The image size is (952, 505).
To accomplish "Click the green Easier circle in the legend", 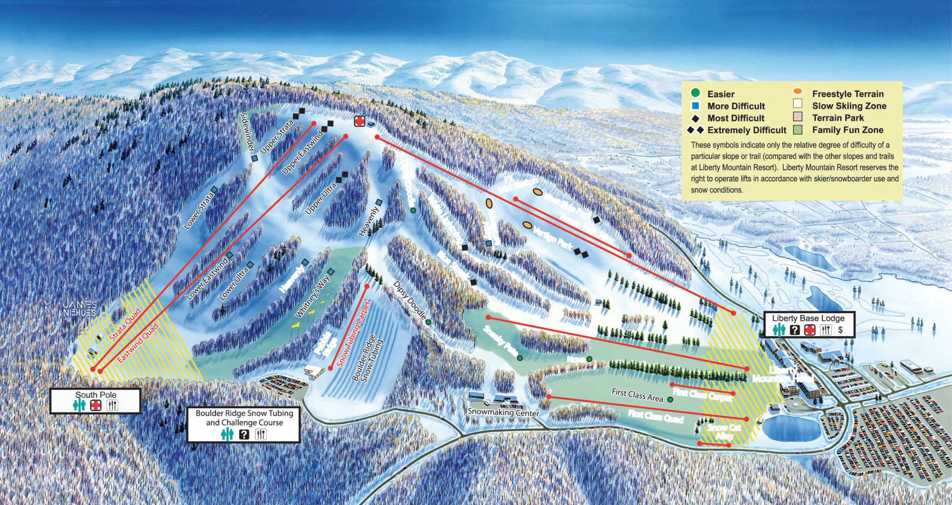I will pos(696,93).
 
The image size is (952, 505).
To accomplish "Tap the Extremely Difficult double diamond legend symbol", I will pos(696,130).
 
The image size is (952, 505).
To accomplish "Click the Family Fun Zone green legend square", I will pos(798,130).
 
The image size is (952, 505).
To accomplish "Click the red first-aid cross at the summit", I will pos(359,121).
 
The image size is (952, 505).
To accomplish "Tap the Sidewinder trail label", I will pos(248,132).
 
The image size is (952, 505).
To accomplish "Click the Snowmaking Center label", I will pos(503,412).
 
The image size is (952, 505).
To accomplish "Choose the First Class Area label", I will pos(637,394).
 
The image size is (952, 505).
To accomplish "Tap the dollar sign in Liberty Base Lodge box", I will pos(840,330).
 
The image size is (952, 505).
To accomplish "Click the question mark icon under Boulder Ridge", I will pos(244,434).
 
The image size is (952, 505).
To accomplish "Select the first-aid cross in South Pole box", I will pos(96,405).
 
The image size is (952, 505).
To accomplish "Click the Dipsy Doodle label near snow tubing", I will pos(409,300).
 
